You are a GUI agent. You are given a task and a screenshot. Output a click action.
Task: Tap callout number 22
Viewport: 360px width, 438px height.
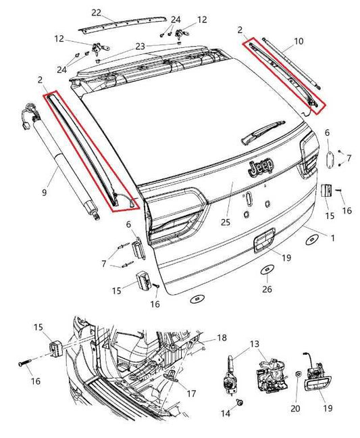point(96,13)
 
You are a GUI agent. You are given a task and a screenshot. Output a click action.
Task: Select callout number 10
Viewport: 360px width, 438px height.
point(299,41)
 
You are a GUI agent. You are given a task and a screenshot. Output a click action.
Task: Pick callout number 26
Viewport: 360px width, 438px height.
point(267,289)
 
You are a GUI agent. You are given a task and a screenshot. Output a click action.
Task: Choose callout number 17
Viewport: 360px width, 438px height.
point(192,392)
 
